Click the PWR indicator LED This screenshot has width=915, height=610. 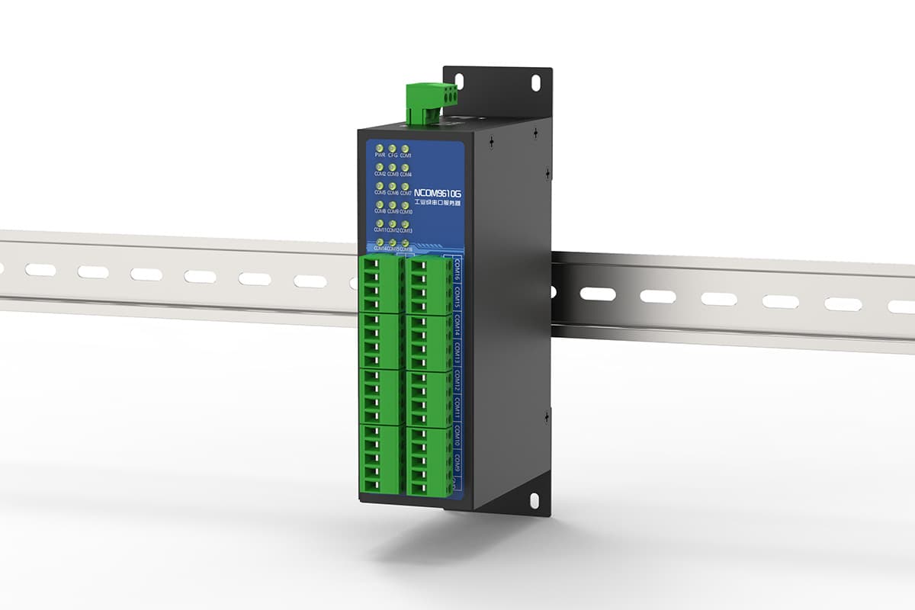click(x=379, y=148)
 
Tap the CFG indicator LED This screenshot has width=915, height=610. click(x=392, y=148)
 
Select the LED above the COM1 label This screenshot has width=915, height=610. click(x=405, y=148)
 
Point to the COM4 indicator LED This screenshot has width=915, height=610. click(x=405, y=166)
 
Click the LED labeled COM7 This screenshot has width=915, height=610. click(x=405, y=185)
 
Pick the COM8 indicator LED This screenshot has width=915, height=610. click(x=379, y=204)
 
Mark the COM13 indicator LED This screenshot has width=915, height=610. click(x=405, y=223)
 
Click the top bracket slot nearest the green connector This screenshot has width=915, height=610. click(x=459, y=79)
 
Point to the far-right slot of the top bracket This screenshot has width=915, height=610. click(x=535, y=79)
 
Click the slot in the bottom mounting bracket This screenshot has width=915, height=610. click(x=534, y=500)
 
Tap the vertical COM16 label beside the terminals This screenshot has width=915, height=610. click(x=457, y=268)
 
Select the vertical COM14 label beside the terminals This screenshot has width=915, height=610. click(x=457, y=324)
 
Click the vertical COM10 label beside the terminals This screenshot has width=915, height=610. click(x=457, y=438)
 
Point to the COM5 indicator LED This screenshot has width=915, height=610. click(x=379, y=185)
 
